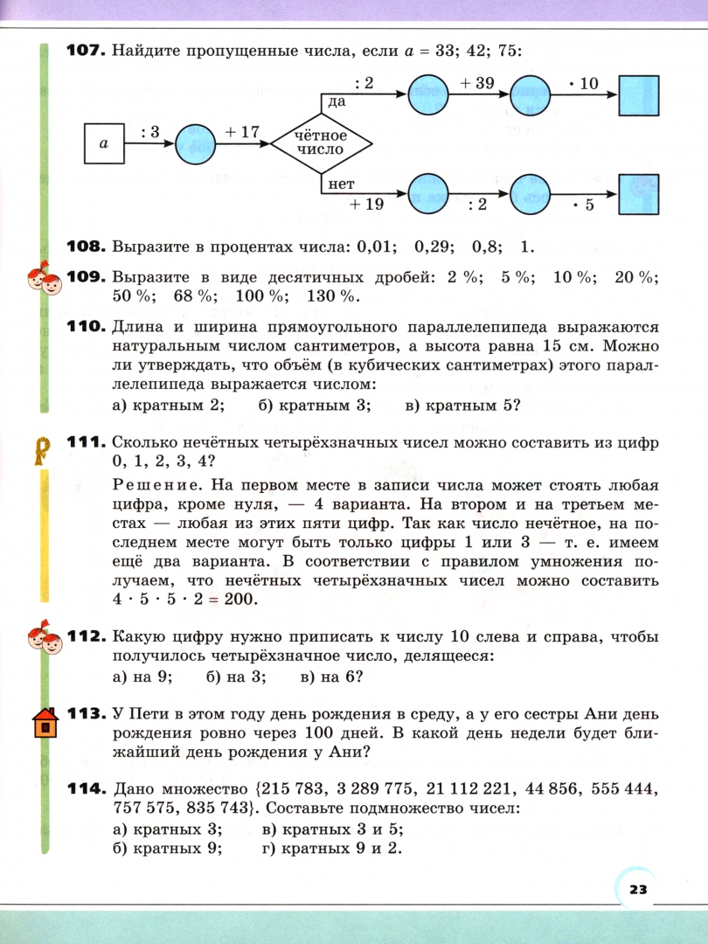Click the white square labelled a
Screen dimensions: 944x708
tap(103, 143)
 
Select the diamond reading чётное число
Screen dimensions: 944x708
tap(322, 142)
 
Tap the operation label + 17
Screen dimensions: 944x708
tap(242, 132)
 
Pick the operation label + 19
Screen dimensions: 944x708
tap(368, 206)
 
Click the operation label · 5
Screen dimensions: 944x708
tap(582, 206)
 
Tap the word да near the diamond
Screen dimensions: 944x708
tap(336, 102)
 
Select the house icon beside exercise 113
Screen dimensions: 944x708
tap(45, 724)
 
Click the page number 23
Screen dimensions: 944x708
tap(636, 889)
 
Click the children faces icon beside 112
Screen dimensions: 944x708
tap(43, 641)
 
